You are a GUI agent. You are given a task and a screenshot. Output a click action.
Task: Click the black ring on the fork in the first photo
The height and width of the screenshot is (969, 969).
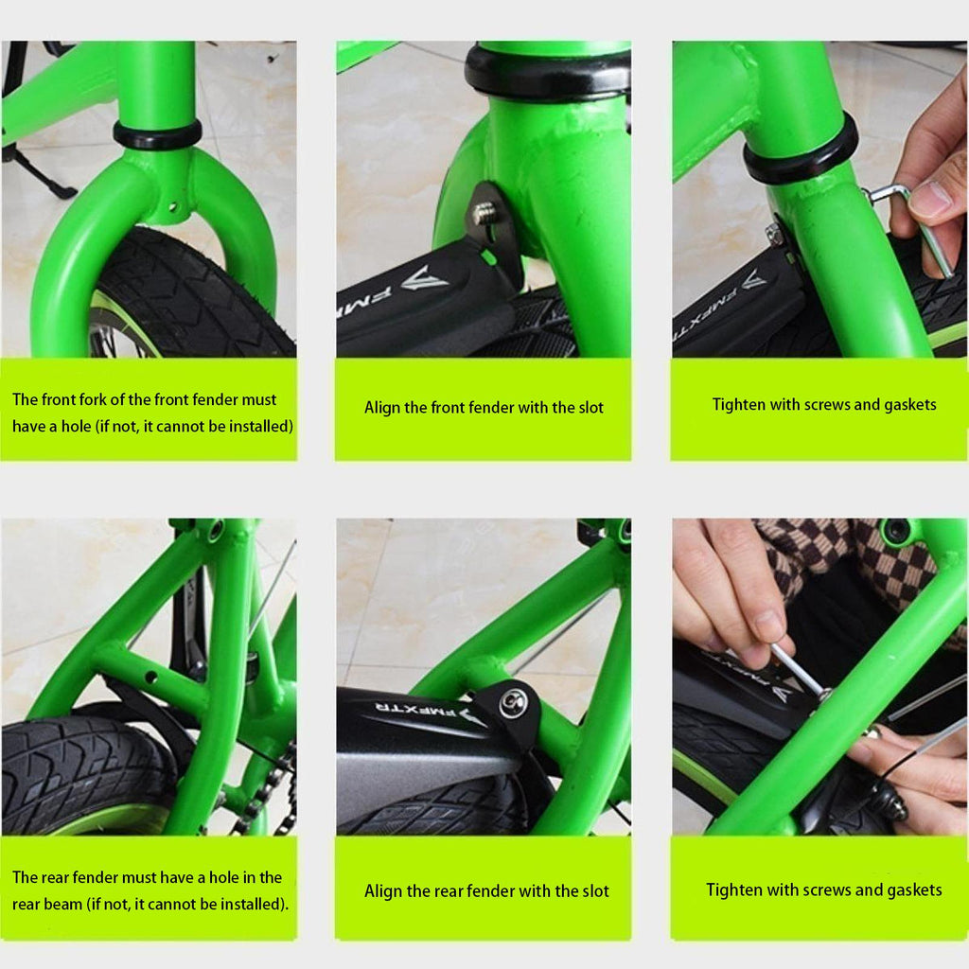(x=157, y=135)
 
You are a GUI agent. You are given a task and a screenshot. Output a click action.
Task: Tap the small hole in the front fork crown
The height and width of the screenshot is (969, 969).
(x=172, y=206)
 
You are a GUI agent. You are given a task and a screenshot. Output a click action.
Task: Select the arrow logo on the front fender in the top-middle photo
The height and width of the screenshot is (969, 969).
(x=425, y=279)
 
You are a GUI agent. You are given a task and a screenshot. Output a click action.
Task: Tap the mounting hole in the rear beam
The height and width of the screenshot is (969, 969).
(x=150, y=678)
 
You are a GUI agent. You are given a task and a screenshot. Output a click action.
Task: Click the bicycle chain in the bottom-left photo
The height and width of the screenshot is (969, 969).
(x=269, y=791)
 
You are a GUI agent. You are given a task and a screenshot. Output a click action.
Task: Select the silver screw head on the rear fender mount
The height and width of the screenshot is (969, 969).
(x=513, y=703)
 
